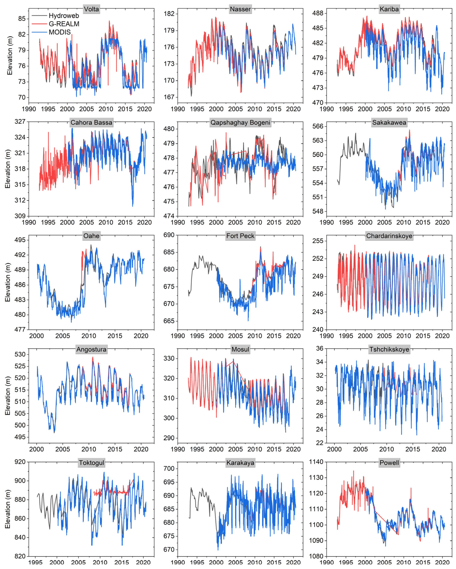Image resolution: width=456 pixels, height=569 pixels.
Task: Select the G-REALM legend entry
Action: click(x=64, y=24)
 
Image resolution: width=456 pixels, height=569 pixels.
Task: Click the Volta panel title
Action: click(x=91, y=9)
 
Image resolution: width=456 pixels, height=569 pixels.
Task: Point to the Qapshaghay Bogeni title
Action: click(x=240, y=123)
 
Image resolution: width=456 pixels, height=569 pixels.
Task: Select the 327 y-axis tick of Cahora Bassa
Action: click(x=20, y=122)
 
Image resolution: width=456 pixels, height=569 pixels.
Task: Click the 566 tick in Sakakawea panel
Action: click(x=318, y=126)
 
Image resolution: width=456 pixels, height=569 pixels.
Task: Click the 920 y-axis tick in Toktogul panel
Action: click(x=20, y=462)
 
